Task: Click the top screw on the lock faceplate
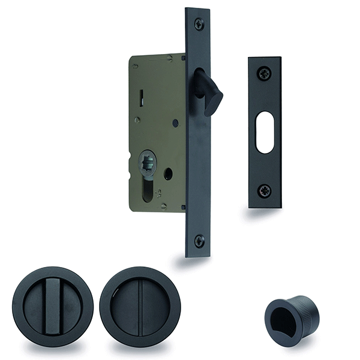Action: click(x=199, y=23)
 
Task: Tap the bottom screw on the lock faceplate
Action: click(x=199, y=241)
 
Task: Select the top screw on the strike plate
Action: click(x=265, y=74)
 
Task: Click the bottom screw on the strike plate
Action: click(x=265, y=191)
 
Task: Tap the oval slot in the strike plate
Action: click(x=265, y=132)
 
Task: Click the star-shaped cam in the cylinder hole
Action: click(x=148, y=161)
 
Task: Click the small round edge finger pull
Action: click(x=292, y=315)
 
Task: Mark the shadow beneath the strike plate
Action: click(x=265, y=212)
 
